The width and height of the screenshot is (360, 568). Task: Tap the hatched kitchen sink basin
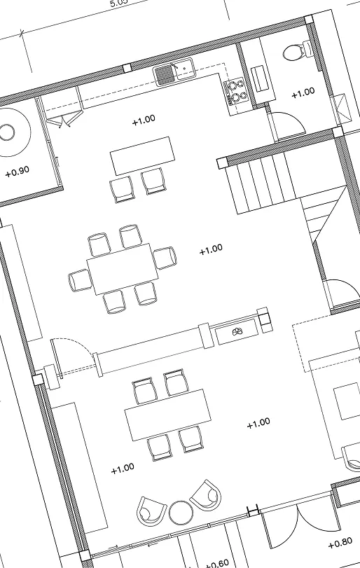click(165, 74)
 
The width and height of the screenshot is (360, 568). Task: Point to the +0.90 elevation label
click(17, 172)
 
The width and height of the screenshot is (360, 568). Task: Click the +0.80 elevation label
click(340, 542)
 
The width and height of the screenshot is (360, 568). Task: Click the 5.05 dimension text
click(118, 4)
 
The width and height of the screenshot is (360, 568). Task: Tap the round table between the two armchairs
click(181, 512)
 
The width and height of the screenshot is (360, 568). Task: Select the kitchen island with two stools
click(141, 155)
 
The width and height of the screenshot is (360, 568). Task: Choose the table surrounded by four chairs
click(168, 414)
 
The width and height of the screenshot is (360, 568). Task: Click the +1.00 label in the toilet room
click(303, 92)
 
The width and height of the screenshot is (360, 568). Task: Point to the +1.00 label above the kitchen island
click(144, 120)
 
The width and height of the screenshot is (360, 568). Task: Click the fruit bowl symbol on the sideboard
click(237, 333)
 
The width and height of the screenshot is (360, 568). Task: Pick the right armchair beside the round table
click(206, 495)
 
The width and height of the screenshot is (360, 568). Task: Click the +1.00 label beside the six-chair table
click(210, 249)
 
